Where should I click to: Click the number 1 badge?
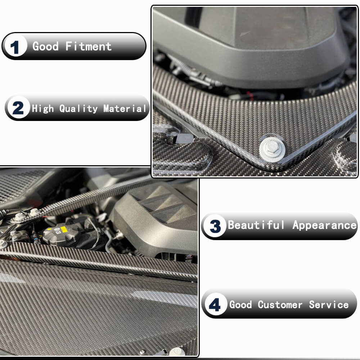tap(15, 47)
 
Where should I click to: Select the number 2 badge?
tap(18, 108)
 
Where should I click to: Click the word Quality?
tap(78, 108)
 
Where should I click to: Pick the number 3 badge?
tap(215, 226)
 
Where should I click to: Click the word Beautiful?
tap(256, 225)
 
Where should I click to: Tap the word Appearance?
tap(324, 225)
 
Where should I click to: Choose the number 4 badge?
tap(215, 305)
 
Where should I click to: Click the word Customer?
tap(280, 305)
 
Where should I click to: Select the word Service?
tap(329, 305)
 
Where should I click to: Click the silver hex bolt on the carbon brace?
tap(272, 148)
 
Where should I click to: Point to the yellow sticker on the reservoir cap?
tap(64, 229)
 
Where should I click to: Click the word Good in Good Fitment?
tap(45, 46)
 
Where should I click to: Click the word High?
tap(43, 108)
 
